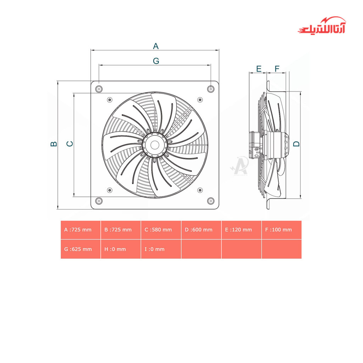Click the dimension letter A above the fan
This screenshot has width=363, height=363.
click(156, 46)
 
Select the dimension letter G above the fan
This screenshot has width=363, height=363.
click(156, 61)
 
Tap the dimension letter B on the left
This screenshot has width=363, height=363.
click(54, 144)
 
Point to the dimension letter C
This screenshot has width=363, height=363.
click(70, 144)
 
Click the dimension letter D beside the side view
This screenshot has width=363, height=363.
click(297, 144)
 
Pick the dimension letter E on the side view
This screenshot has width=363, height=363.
click(259, 69)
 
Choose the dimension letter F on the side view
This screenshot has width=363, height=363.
click(277, 69)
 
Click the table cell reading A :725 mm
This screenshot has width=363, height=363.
click(80, 230)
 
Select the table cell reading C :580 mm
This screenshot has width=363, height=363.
click(161, 230)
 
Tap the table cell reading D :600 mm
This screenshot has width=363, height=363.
click(201, 230)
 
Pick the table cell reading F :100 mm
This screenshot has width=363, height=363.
click(281, 230)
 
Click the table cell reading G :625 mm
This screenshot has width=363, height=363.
click(80, 249)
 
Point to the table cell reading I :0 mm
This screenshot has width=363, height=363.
click(161, 249)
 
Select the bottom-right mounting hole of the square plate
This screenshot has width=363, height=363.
click(211, 201)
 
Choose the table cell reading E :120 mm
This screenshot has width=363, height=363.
click(241, 230)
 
